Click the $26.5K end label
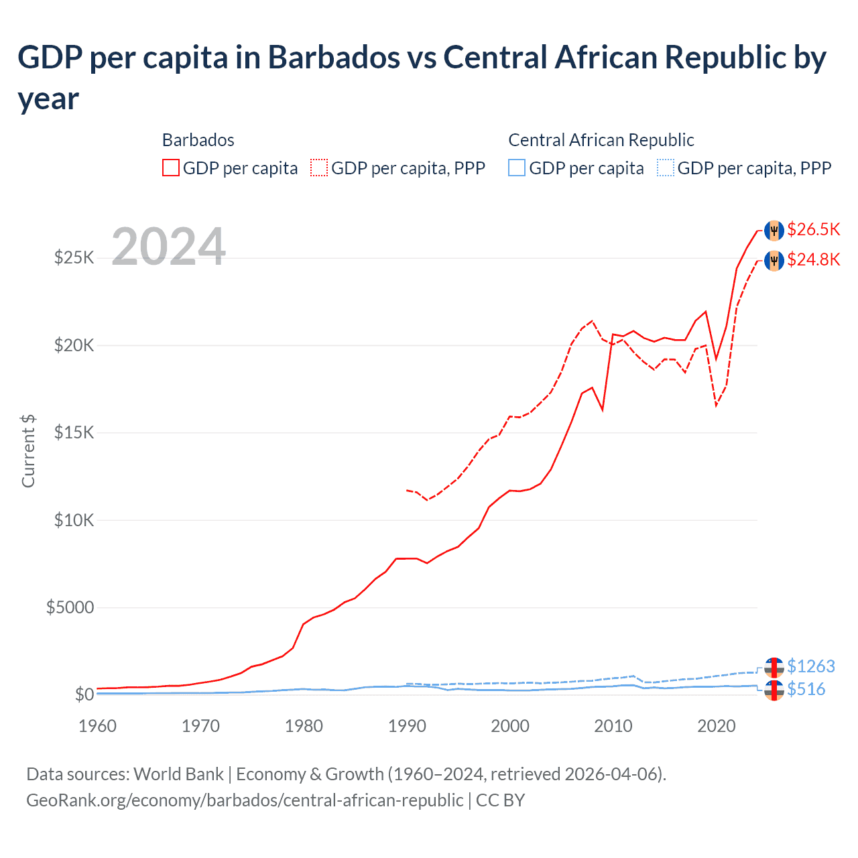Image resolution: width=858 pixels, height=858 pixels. (813, 230)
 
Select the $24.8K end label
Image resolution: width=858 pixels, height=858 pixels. (813, 259)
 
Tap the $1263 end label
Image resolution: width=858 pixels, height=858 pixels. (810, 666)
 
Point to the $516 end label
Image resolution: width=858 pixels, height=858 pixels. (806, 689)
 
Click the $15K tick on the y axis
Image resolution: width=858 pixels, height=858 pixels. (74, 432)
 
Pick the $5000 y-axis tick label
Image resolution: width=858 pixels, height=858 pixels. (70, 607)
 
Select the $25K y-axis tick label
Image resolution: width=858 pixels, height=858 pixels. (74, 257)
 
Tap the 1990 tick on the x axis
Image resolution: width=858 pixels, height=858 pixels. (407, 726)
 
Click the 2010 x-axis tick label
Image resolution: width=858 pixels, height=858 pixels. (613, 726)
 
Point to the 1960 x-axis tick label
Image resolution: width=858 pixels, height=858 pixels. (98, 726)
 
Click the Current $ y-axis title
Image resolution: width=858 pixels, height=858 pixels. (28, 450)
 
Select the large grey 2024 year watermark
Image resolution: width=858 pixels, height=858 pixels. (168, 247)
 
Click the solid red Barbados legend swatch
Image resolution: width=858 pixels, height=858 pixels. (171, 168)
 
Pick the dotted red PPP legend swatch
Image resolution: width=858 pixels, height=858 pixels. (319, 168)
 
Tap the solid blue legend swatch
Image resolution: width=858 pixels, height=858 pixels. (517, 168)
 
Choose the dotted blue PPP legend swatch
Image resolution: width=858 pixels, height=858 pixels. (666, 168)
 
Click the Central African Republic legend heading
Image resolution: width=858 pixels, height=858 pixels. (601, 140)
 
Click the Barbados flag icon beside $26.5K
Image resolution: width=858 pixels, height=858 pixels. (774, 230)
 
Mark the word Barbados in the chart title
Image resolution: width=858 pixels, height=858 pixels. (333, 58)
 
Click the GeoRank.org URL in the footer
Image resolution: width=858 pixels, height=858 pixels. (245, 800)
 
